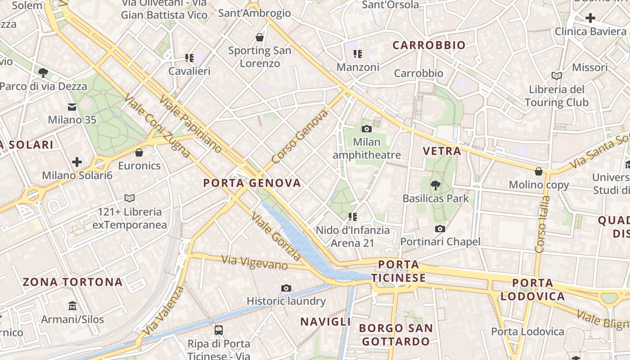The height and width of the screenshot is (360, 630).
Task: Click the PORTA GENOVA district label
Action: click(x=252, y=183)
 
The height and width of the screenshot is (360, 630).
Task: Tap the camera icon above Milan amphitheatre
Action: click(x=367, y=129)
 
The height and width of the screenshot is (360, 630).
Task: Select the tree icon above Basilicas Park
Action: click(x=435, y=185)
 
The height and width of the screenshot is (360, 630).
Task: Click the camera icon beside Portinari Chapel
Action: click(x=440, y=229)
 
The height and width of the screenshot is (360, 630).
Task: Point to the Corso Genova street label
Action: click(x=300, y=137)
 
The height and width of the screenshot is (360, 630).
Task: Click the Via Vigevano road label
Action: click(x=255, y=262)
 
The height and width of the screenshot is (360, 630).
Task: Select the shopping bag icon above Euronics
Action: click(x=139, y=153)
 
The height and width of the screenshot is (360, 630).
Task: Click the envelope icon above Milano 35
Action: click(x=72, y=107)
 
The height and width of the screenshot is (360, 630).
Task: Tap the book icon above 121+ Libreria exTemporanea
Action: click(x=130, y=198)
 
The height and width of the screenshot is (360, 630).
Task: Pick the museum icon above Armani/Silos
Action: click(x=72, y=306)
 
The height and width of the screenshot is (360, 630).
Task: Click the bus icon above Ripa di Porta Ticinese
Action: click(x=219, y=330)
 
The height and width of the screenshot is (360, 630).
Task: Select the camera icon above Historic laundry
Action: click(x=286, y=288)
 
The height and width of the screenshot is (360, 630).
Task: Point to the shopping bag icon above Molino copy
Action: click(x=539, y=171)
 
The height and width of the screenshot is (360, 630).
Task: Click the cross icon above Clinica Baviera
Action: click(x=590, y=18)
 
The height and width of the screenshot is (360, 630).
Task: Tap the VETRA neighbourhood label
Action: click(x=442, y=151)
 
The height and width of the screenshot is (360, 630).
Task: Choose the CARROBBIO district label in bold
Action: click(x=429, y=45)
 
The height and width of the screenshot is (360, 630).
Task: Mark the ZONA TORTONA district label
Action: click(x=72, y=282)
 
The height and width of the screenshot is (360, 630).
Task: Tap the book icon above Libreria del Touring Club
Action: click(x=557, y=76)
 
